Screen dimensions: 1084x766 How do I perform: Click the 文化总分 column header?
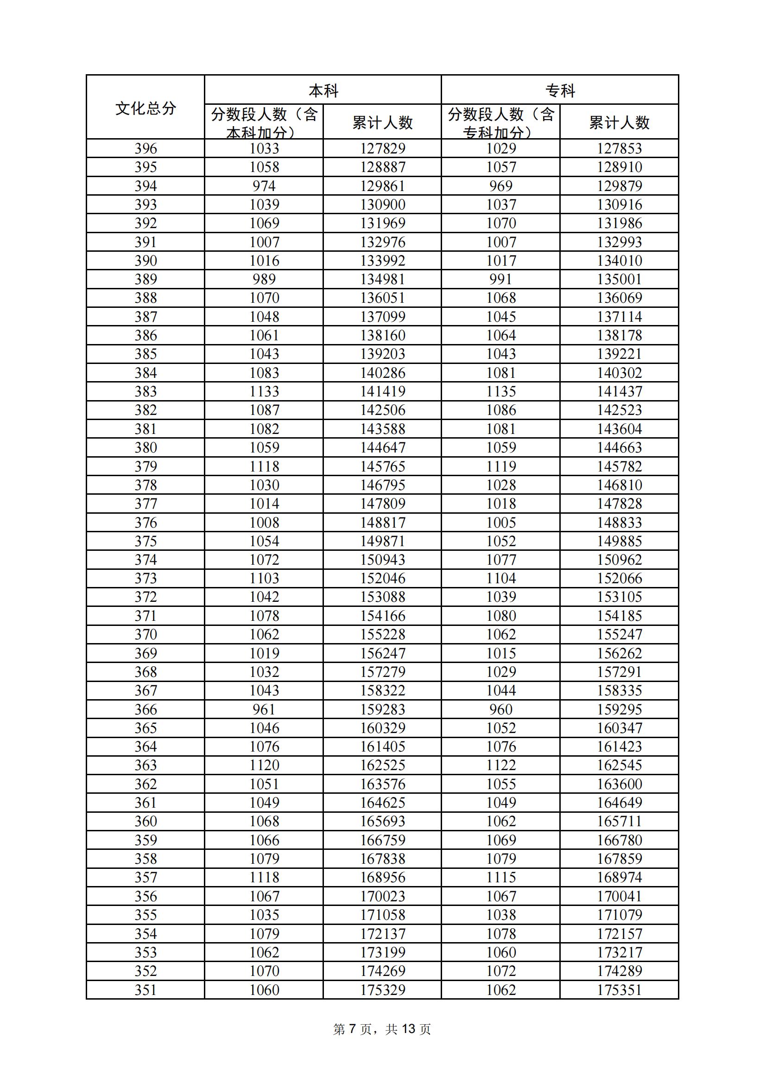tap(146, 108)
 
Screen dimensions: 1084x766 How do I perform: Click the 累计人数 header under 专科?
tap(619, 123)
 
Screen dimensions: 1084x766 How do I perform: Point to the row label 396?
tap(146, 149)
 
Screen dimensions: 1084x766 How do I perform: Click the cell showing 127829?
tap(382, 149)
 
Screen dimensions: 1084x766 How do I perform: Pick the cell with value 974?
tap(264, 186)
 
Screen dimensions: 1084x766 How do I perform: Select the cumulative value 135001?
tap(619, 280)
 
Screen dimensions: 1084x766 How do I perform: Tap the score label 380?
tap(146, 447)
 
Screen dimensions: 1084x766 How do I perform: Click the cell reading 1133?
tap(264, 391)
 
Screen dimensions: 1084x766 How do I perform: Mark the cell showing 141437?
tap(619, 391)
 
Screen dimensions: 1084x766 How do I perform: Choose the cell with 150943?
tap(382, 560)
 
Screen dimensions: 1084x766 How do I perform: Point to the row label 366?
tap(146, 709)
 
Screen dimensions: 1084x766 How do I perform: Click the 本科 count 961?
tap(264, 709)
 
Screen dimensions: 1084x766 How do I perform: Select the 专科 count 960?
tap(501, 709)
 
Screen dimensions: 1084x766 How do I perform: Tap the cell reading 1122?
tap(501, 765)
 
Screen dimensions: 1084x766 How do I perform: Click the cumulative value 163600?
tap(619, 784)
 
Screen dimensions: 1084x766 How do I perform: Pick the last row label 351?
tap(146, 990)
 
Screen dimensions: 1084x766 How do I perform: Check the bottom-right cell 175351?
tap(619, 990)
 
